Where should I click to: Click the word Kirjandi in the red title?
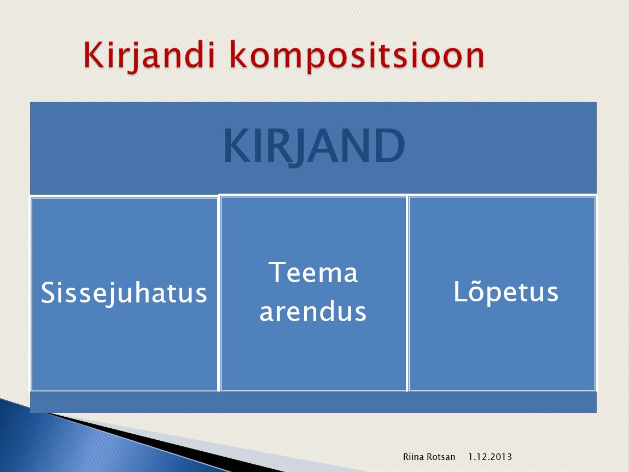(x=149, y=56)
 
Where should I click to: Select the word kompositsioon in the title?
(x=357, y=56)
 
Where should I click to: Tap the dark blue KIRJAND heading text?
(x=314, y=146)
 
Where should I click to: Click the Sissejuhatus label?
(x=124, y=293)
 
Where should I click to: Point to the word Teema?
(x=313, y=272)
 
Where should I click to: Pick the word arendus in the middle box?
(x=313, y=311)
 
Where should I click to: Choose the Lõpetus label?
(x=506, y=291)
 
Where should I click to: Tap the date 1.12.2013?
(x=490, y=456)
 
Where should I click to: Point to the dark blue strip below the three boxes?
(x=313, y=402)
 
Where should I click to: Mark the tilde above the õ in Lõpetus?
(x=477, y=279)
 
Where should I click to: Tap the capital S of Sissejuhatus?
(x=49, y=293)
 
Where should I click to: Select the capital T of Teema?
(x=278, y=272)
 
